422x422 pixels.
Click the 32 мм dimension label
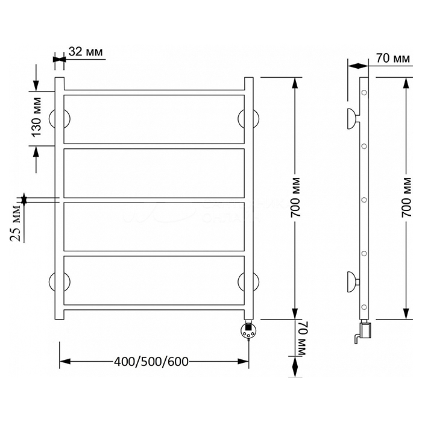click(86, 52)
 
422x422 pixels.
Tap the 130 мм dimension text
click(36, 117)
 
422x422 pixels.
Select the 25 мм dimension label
click(15, 223)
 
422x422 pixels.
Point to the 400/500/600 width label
click(151, 362)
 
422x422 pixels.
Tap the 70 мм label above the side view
click(393, 58)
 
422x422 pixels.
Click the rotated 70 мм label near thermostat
click(303, 339)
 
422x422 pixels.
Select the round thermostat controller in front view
click(248, 330)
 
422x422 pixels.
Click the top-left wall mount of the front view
click(60, 119)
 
